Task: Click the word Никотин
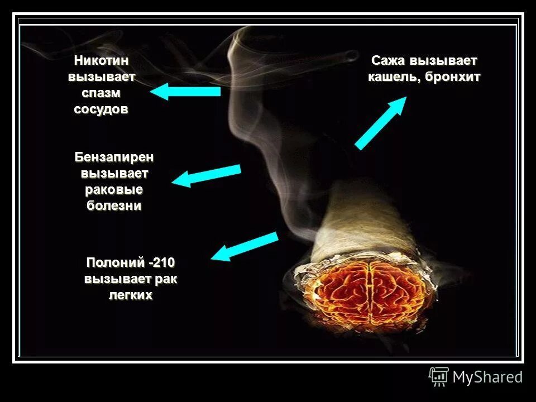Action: point(101,60)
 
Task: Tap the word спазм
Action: point(101,93)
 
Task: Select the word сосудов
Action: point(101,109)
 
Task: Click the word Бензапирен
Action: point(114,157)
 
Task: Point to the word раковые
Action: point(114,189)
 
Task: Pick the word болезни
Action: point(114,205)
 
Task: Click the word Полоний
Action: point(116,262)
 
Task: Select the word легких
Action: point(130,295)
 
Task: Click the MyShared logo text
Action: point(487,377)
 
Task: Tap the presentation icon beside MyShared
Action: point(439,376)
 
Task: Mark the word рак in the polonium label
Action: point(167,279)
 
